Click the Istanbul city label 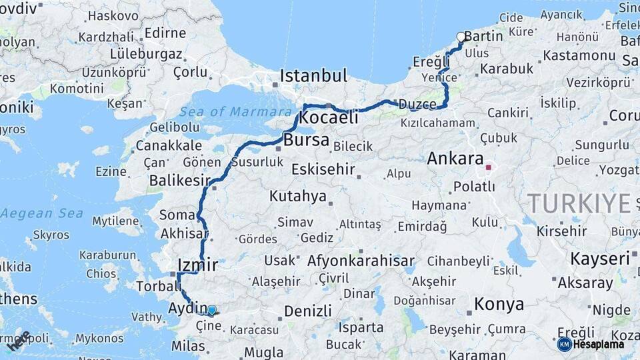313,75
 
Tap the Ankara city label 455,159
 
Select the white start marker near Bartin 461,37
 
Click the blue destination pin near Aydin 211,310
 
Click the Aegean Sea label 42,213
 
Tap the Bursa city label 306,140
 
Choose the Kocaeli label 329,118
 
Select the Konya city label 499,305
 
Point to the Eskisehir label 323,169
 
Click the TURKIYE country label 579,202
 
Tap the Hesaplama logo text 598,344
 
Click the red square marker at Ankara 489,168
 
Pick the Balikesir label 178,181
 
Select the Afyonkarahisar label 361,261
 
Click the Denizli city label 307,311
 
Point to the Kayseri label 600,259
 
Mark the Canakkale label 169,145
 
